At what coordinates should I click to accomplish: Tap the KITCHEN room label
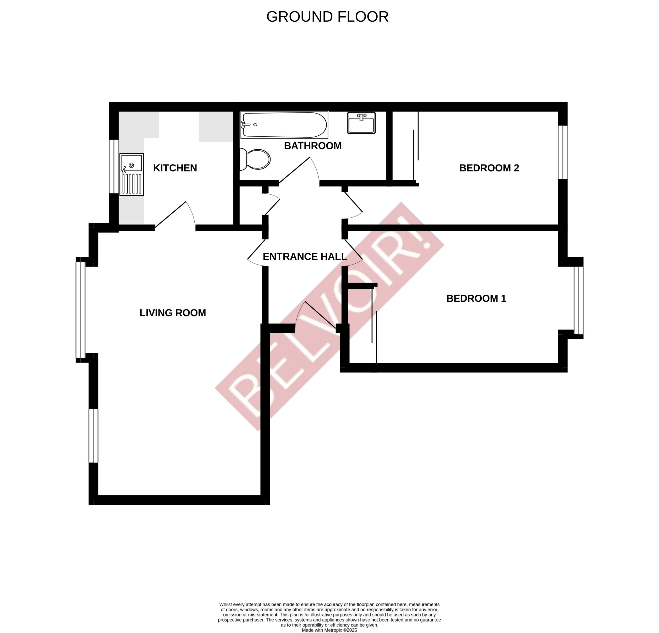(175, 168)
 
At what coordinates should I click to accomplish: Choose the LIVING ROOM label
(173, 313)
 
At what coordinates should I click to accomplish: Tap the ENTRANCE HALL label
(304, 257)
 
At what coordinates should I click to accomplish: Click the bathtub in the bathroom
(284, 125)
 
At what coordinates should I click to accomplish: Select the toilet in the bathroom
(257, 159)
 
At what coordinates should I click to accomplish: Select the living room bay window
(81, 310)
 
